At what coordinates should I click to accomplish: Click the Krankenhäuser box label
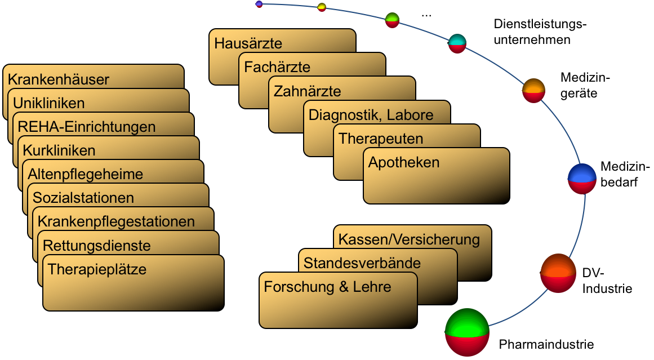(59, 79)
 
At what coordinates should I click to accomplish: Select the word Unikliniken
(48, 103)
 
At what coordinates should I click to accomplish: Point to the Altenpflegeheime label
(85, 174)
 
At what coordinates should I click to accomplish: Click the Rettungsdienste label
(96, 246)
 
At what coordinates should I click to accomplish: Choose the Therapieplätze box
(134, 283)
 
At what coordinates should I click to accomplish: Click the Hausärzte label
(248, 43)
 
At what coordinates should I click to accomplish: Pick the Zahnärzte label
(307, 91)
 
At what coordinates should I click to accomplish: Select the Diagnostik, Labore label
(371, 115)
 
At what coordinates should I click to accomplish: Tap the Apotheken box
(436, 175)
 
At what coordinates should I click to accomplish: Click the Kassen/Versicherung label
(409, 239)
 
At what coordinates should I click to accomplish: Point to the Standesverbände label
(362, 263)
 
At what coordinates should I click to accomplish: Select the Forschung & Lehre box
(338, 300)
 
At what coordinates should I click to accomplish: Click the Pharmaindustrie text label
(546, 344)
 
